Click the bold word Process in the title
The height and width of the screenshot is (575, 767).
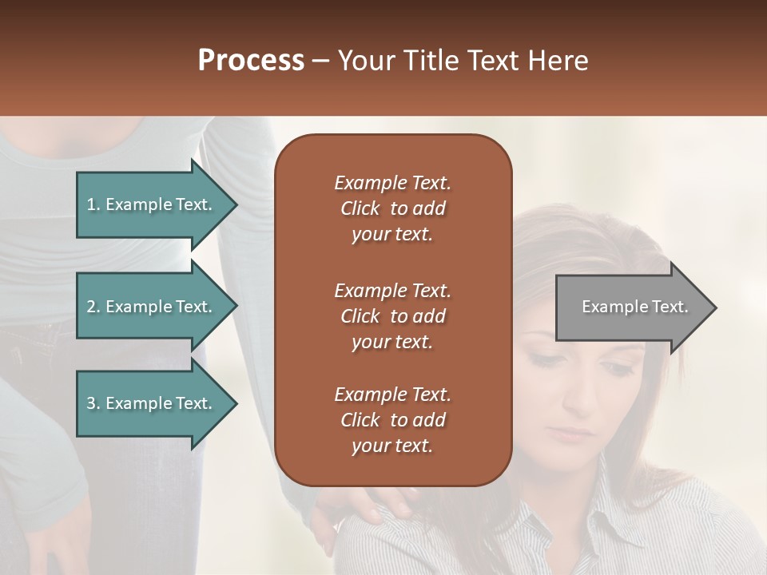(251, 61)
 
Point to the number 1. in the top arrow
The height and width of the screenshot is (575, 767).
(93, 204)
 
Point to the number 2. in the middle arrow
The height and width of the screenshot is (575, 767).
(93, 307)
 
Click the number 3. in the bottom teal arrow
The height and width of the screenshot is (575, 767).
(93, 403)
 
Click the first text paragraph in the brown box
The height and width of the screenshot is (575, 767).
(392, 208)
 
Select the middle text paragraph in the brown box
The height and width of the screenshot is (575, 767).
(392, 316)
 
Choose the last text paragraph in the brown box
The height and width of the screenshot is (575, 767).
(392, 420)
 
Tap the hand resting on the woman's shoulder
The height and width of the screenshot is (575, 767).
(376, 507)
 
